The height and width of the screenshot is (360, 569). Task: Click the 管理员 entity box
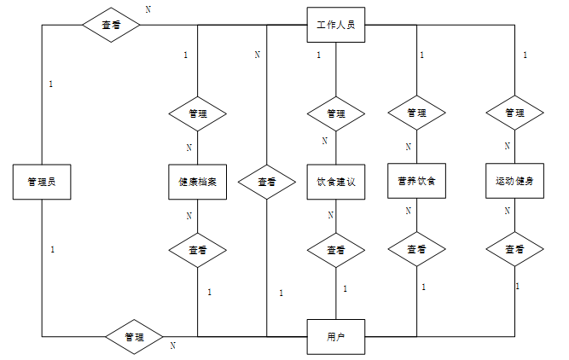[42, 182]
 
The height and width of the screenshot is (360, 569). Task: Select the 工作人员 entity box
[336, 25]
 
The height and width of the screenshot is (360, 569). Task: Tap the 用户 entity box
[336, 336]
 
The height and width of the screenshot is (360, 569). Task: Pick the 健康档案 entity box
[198, 182]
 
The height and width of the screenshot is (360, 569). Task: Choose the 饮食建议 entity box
[336, 182]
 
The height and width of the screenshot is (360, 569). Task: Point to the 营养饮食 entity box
[416, 182]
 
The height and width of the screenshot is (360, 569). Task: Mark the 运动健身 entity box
[514, 182]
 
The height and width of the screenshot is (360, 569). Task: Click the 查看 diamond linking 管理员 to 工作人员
[111, 25]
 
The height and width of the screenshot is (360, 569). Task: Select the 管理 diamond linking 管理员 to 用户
[134, 336]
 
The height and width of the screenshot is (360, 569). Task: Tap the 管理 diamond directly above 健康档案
[198, 113]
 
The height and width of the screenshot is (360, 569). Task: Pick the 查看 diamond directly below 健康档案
[198, 250]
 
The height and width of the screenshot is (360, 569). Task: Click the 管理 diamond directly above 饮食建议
[336, 113]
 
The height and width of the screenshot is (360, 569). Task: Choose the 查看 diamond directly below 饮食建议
[336, 250]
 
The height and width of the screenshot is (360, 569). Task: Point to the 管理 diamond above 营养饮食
[416, 113]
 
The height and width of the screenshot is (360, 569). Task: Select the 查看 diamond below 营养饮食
[416, 250]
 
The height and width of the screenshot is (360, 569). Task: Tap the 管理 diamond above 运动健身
[514, 113]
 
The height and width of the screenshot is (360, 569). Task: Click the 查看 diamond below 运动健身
[514, 250]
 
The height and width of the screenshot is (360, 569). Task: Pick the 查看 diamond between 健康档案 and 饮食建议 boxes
[267, 182]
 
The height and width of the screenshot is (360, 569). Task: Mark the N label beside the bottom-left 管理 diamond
[172, 345]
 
